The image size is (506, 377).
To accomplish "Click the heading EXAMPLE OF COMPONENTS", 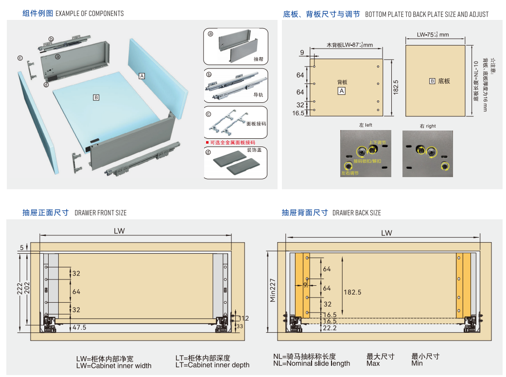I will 89,14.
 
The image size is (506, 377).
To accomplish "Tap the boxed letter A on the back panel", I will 142,76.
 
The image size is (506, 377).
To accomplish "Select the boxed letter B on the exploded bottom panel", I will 96,98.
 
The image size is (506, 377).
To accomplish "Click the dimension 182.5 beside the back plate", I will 396,87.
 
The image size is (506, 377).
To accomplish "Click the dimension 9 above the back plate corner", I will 302,52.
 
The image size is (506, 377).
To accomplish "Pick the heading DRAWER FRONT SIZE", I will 101,213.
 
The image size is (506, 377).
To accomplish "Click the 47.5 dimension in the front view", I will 79,328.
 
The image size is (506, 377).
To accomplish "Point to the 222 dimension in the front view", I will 18,288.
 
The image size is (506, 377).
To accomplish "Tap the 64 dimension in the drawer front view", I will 76,292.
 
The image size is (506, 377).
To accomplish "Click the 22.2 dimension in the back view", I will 330,328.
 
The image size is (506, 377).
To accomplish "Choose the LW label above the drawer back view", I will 386,233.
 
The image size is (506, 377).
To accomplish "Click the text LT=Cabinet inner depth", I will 212,365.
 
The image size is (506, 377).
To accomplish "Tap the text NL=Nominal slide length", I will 311,363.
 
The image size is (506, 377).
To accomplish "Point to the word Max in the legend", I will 373,363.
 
